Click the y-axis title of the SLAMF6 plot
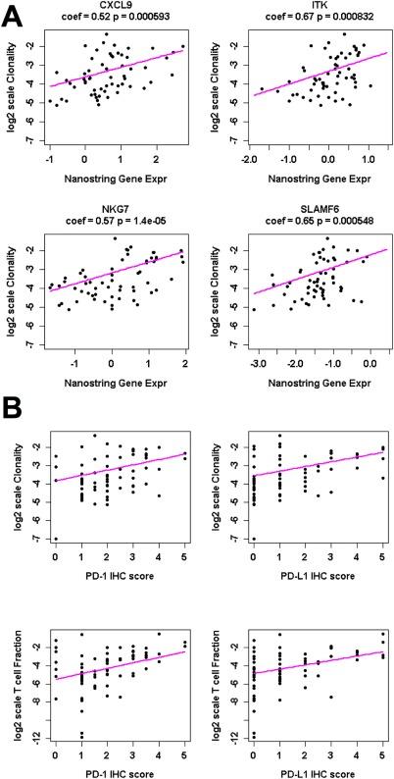coord(212,286)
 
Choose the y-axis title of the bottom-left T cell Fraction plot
coord(22,684)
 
